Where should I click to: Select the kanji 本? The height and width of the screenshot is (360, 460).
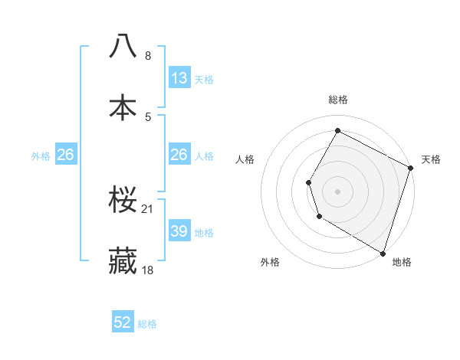[x=123, y=106]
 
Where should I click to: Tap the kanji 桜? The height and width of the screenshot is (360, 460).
[x=123, y=199]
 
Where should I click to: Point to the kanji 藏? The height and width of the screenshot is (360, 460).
[x=123, y=260]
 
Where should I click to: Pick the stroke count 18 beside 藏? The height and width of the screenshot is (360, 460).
[x=148, y=270]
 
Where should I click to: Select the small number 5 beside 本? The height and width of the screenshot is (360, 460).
[x=148, y=116]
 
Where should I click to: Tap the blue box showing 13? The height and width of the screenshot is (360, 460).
[x=179, y=77]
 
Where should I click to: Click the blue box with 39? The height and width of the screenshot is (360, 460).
[x=179, y=231]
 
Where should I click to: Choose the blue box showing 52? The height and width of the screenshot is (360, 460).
[x=123, y=322]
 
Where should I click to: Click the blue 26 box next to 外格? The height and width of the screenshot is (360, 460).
[x=65, y=155]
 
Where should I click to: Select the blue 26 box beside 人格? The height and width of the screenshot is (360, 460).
[x=179, y=155]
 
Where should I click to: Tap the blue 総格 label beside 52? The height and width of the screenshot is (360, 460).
[x=147, y=324]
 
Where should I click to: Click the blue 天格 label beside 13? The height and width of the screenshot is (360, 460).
[x=203, y=80]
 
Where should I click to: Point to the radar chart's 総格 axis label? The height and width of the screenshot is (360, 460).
[x=337, y=100]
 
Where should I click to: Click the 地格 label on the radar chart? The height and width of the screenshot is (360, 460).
[x=402, y=262]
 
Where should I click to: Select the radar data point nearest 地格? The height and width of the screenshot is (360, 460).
[x=383, y=252]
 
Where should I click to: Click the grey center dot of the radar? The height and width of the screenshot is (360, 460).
[x=337, y=191]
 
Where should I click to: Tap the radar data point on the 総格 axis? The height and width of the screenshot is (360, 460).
[x=337, y=130]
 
